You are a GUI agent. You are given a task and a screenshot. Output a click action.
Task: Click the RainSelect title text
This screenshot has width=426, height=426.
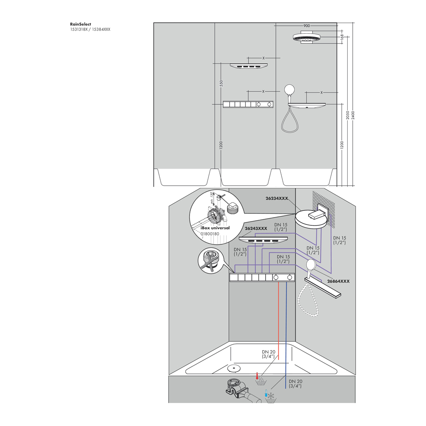[81, 24]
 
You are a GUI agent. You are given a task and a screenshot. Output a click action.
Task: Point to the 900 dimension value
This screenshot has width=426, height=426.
[306, 26]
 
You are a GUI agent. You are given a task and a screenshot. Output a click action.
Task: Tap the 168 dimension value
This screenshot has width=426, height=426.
[342, 37]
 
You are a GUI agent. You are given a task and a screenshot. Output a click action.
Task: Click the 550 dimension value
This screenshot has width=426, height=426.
[221, 83]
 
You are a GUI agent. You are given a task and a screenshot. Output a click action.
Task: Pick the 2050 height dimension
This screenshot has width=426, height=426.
[348, 115]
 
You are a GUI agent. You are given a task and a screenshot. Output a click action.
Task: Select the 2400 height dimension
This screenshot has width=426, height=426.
[353, 115]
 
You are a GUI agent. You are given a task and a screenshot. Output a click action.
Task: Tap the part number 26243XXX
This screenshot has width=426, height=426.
[256, 228]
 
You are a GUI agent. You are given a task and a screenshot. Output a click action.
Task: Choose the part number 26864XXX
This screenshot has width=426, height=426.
[338, 281]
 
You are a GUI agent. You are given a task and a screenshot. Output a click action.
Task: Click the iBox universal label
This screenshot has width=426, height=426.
[215, 228]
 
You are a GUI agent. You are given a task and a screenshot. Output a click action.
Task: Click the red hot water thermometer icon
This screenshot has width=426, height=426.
[257, 376]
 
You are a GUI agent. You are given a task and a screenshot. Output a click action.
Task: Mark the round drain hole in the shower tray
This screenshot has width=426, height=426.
[233, 367]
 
